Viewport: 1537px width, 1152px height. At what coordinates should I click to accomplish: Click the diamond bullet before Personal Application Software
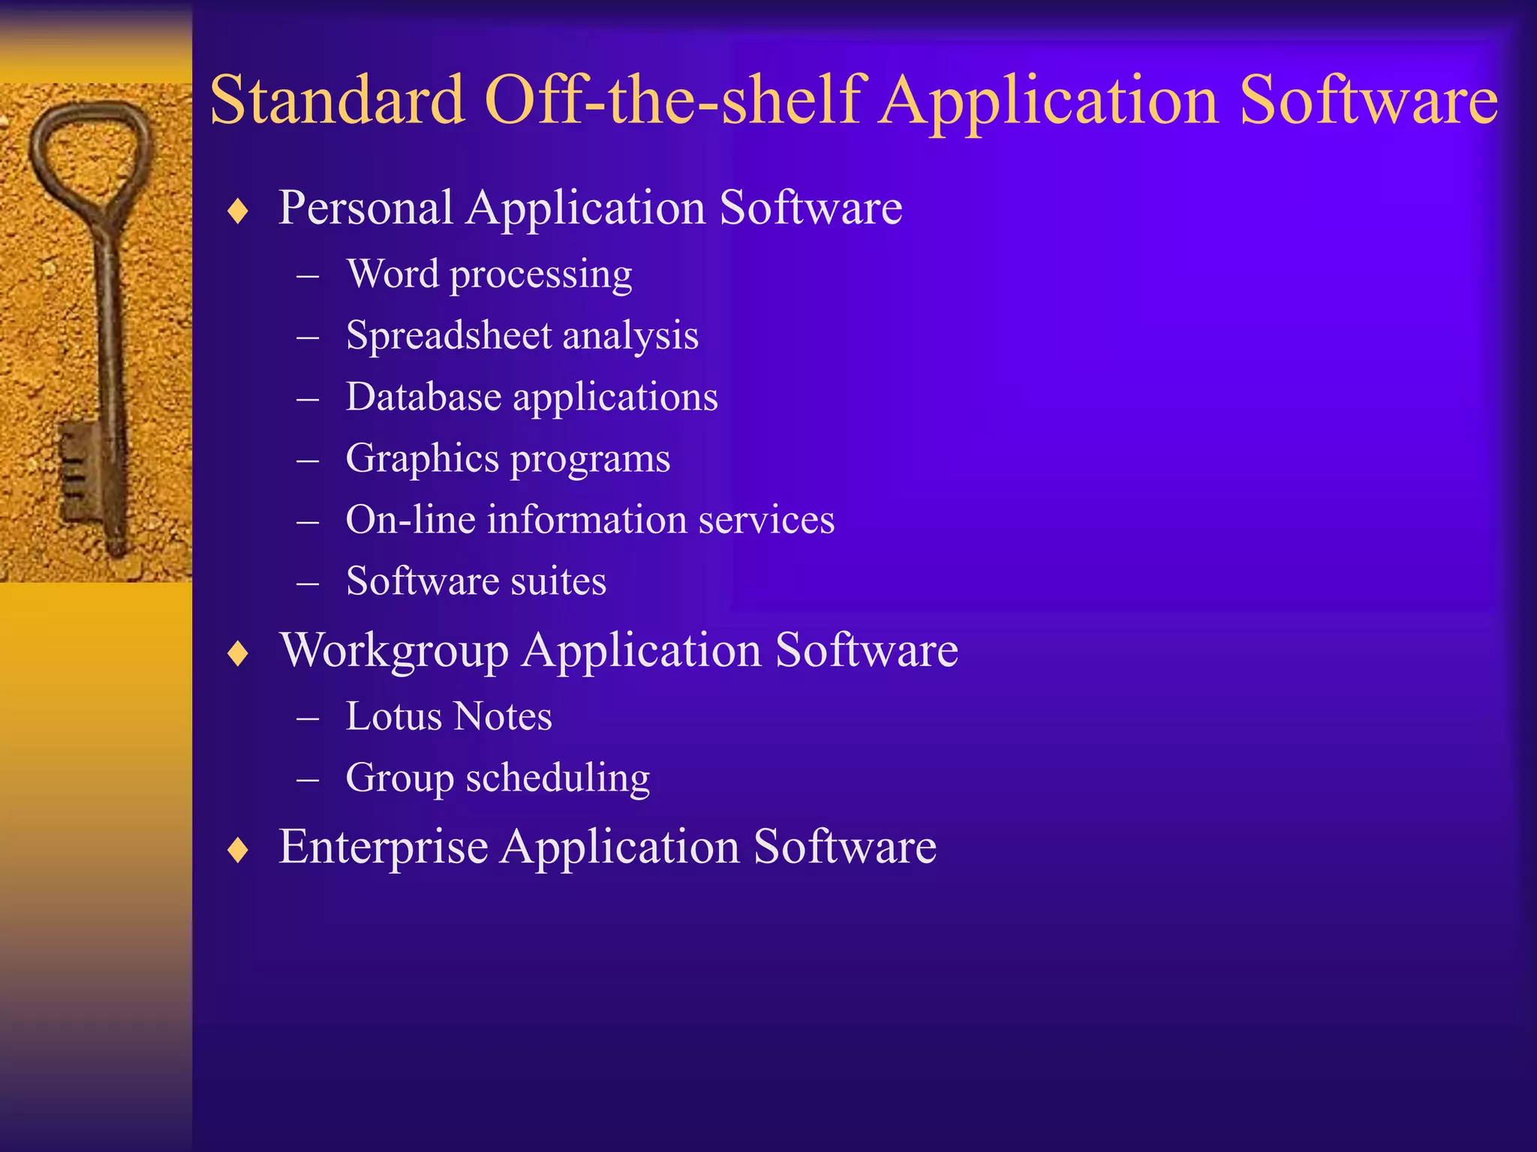[x=238, y=211]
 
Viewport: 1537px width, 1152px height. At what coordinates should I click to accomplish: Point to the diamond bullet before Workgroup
[x=238, y=654]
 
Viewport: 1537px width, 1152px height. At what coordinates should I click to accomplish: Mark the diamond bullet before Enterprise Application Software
[x=238, y=850]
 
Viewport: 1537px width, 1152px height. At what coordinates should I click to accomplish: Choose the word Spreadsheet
[x=448, y=336]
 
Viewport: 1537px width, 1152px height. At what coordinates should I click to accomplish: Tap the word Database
[x=423, y=397]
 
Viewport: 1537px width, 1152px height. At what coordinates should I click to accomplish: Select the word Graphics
[x=422, y=459]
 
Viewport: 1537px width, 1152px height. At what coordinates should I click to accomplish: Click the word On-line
[x=411, y=520]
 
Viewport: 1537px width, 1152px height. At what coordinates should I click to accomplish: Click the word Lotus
[x=393, y=716]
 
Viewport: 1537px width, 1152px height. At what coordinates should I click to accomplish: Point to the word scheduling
[x=558, y=778]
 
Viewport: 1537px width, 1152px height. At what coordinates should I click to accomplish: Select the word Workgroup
[x=394, y=650]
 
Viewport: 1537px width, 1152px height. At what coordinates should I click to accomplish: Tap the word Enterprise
[x=383, y=847]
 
